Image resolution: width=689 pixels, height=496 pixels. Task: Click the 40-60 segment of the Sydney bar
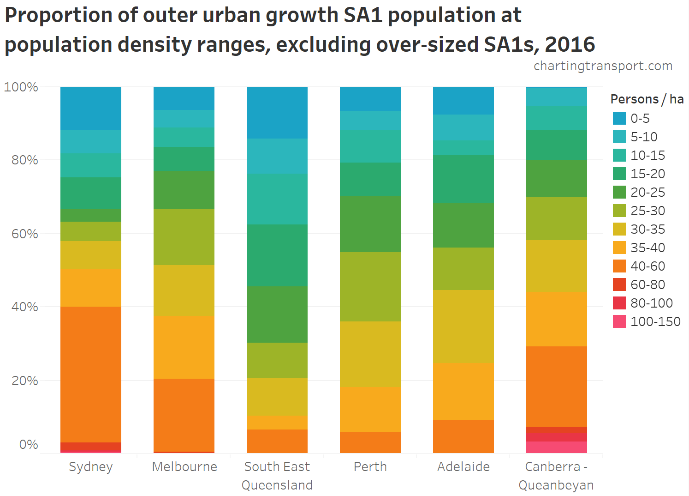tap(91, 374)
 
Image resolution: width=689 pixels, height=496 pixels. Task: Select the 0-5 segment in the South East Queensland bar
tap(277, 112)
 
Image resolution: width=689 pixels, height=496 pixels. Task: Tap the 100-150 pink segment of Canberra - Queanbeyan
tap(557, 447)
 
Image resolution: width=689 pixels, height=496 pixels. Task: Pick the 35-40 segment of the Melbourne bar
tap(184, 347)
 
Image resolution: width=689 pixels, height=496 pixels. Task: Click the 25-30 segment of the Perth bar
tap(370, 286)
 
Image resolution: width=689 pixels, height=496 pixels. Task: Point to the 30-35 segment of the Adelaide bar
tap(463, 326)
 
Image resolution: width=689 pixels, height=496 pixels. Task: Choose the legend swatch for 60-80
tap(619, 284)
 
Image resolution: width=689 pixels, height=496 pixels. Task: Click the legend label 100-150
tap(655, 321)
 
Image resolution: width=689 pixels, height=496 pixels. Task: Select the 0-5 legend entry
tap(640, 118)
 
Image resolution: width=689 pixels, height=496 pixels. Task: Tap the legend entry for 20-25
tap(647, 192)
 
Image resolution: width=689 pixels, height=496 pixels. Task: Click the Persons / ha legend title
tap(647, 99)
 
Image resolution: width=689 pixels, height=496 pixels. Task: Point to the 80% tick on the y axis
tap(24, 160)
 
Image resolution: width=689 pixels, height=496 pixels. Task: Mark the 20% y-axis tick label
tap(24, 381)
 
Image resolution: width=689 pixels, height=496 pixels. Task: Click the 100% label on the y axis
tap(21, 87)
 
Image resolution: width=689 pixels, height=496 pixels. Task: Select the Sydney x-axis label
tap(91, 466)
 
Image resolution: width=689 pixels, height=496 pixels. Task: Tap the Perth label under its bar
tap(370, 466)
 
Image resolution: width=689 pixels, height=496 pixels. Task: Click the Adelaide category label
tap(463, 466)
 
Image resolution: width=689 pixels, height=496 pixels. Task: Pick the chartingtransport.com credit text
tap(603, 66)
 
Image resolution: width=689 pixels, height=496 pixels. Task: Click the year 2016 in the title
tap(570, 44)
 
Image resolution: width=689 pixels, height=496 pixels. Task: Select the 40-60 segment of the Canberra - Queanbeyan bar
tap(557, 386)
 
